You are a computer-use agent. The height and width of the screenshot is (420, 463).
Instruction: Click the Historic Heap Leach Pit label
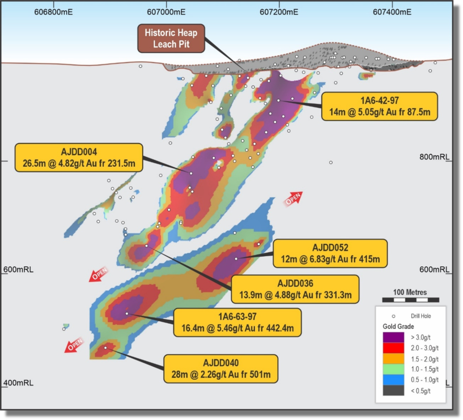pos(171,38)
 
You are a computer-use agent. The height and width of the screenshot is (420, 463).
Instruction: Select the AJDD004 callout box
pos(79,158)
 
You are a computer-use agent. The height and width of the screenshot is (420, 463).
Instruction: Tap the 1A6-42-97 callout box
pos(379,106)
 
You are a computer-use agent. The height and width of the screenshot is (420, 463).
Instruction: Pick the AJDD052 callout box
pos(330,253)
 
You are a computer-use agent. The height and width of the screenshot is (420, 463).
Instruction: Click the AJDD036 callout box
pos(295,289)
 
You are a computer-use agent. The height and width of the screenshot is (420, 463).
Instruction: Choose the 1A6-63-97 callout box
pos(237,322)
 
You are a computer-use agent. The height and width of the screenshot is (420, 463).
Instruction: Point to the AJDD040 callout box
pos(221,369)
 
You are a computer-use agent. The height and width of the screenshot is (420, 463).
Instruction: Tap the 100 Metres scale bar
pos(410,299)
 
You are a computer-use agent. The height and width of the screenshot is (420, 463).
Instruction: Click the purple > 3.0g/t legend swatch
pos(393,337)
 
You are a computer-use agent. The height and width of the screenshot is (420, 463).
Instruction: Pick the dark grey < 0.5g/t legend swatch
pos(393,391)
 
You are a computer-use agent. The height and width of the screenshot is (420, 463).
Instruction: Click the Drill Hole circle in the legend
pos(393,316)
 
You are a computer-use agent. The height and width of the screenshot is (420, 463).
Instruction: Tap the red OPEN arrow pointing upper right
pos(293,198)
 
